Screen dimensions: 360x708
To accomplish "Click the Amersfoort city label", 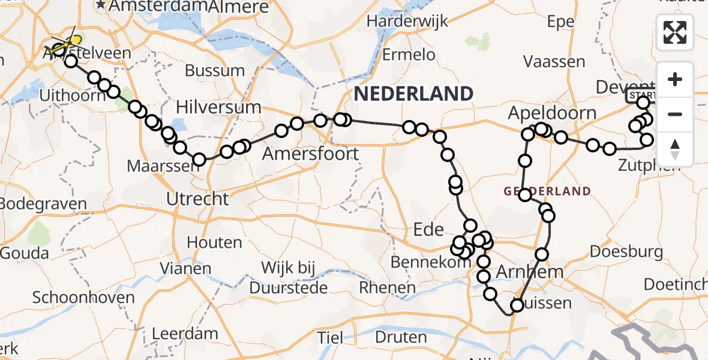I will coord(311,154).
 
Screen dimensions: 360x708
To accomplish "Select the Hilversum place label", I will coord(218,107).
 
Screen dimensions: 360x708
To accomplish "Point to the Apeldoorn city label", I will coord(552,113).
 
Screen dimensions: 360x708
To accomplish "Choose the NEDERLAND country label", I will coord(413,94).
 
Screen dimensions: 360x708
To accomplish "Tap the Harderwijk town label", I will coord(407,22).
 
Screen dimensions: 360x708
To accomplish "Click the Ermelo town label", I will coord(409,55).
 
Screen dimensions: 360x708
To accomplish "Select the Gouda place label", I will coord(25,253).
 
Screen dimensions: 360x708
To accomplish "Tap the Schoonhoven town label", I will coord(74,298).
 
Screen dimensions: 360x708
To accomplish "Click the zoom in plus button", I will coord(675,79).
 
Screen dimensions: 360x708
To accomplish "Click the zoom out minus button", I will coord(675,114).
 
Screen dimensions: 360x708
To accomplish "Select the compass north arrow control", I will coord(675,149).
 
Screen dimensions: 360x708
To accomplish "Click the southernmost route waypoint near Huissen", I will coord(517,306).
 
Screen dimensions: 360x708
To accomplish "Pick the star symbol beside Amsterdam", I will coord(101,5).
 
